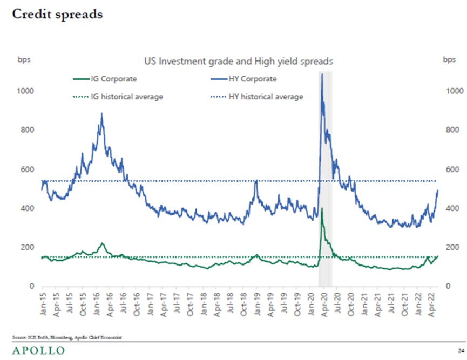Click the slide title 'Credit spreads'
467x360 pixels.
pyautogui.click(x=57, y=15)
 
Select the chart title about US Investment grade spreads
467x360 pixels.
pyautogui.click(x=238, y=62)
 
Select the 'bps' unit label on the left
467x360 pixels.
pyautogui.click(x=25, y=59)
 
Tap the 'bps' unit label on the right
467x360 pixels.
pyautogui.click(x=449, y=59)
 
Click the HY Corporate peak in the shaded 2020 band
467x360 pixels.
pyautogui.click(x=322, y=74)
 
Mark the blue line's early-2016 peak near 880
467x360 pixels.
pyautogui.click(x=101, y=114)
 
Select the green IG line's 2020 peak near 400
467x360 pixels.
pyautogui.click(x=322, y=208)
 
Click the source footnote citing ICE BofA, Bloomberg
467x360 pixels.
pyautogui.click(x=67, y=337)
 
